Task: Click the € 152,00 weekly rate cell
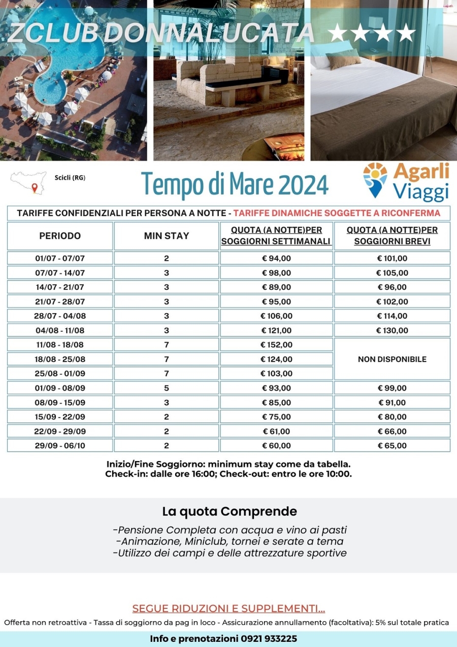click(x=276, y=345)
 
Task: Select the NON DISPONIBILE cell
click(x=392, y=359)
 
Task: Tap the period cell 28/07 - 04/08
click(x=60, y=316)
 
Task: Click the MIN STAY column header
click(x=166, y=236)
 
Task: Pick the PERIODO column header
click(x=60, y=236)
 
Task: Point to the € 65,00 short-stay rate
click(x=392, y=446)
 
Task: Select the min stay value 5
click(x=166, y=388)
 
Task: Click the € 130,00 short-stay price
click(x=392, y=330)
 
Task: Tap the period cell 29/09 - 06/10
click(x=60, y=446)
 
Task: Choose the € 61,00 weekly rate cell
click(x=276, y=432)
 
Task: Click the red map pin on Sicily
click(x=35, y=188)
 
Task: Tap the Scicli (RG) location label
click(x=70, y=177)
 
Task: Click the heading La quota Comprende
click(x=229, y=511)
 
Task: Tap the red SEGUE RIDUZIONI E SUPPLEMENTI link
click(x=228, y=608)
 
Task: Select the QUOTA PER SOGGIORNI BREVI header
click(x=392, y=236)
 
